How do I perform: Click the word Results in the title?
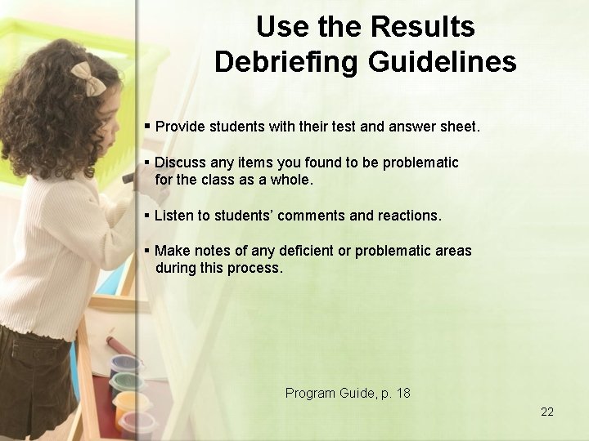coord(422,27)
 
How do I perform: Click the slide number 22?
coord(547,412)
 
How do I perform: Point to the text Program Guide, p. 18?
coord(348,393)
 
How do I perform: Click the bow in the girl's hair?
coord(87,76)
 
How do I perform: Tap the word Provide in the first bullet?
coord(180,127)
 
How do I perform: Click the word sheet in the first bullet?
coord(460,127)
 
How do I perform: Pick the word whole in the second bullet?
coord(291,180)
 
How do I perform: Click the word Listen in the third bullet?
coord(173,216)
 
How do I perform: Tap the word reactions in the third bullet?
coord(408,216)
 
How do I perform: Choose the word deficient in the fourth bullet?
coord(301,251)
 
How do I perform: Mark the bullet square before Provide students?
coord(147,127)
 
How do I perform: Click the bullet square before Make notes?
coord(147,251)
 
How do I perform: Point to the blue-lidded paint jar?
coord(124,363)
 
